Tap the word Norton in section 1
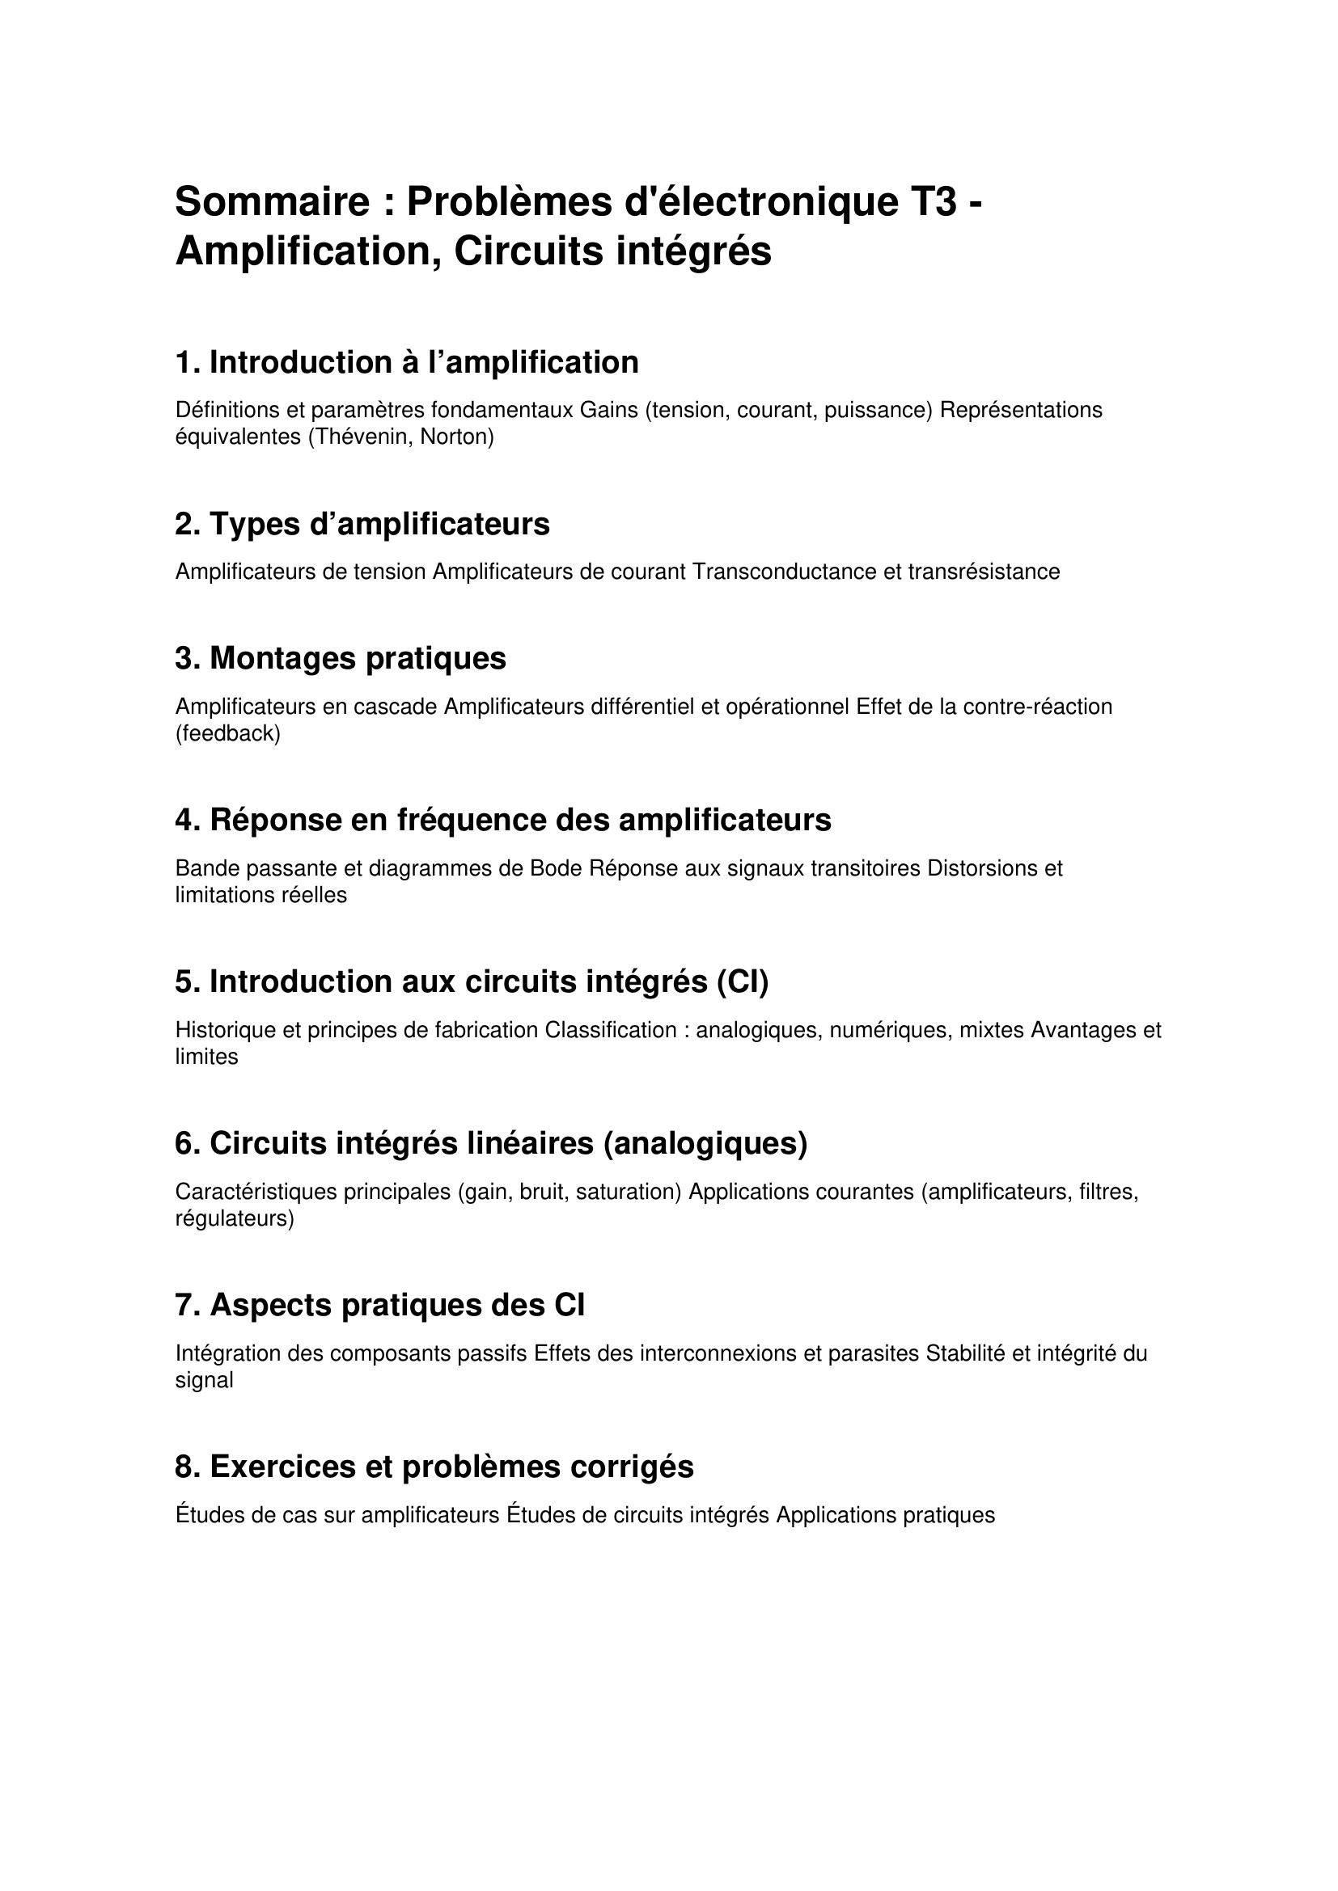point(456,437)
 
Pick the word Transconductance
point(785,572)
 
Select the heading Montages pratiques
point(341,658)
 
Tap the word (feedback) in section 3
point(228,734)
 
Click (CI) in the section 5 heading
point(743,981)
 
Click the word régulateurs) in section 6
point(235,1219)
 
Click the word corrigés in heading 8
point(633,1467)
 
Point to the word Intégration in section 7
point(227,1354)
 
